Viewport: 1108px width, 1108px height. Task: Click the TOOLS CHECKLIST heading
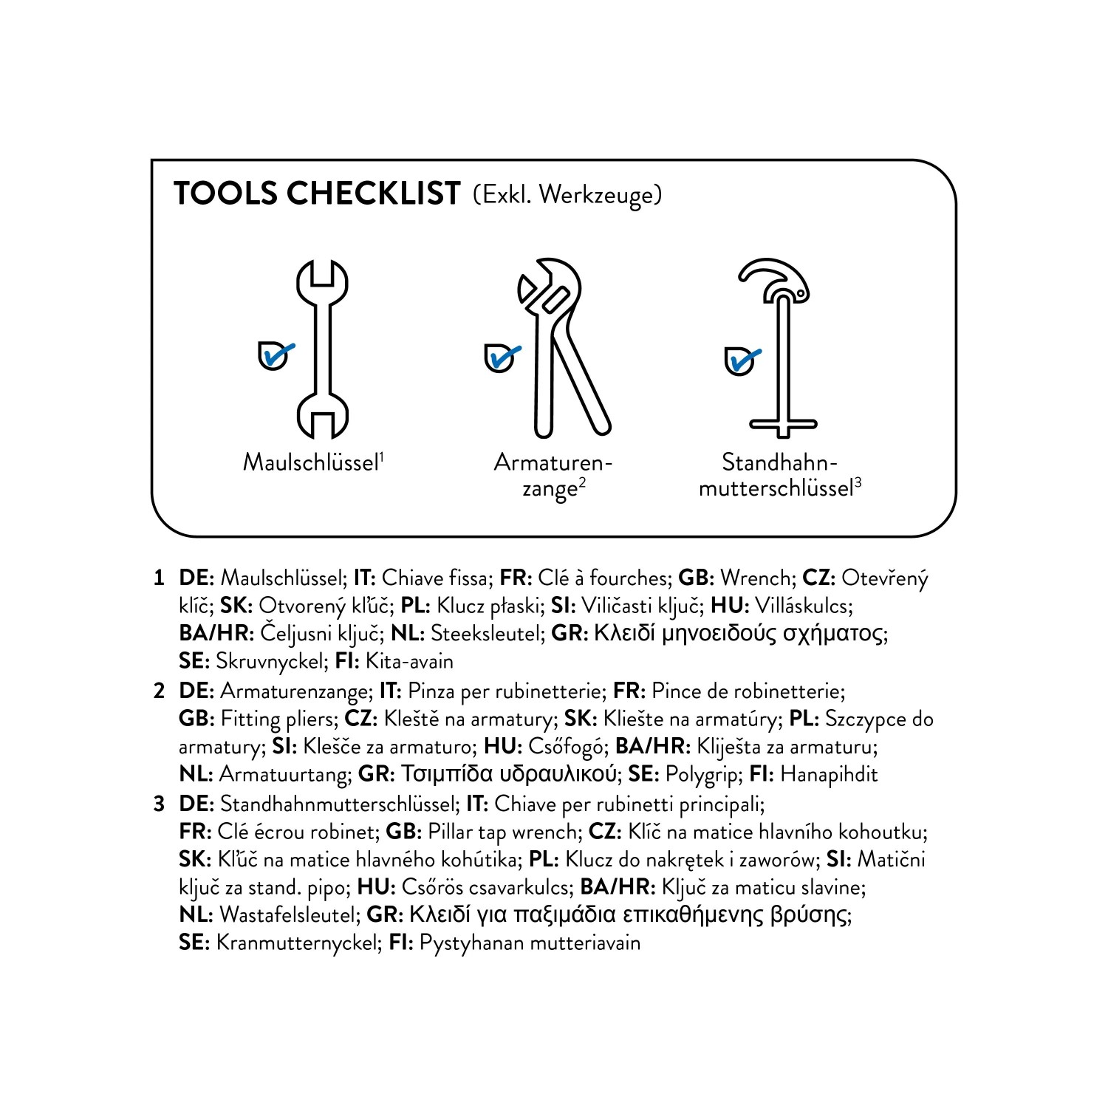(x=317, y=193)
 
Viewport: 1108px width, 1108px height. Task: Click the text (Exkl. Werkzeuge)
(x=568, y=195)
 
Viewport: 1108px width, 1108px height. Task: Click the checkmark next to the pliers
(x=502, y=357)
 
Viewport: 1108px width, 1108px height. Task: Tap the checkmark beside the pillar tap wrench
(x=742, y=360)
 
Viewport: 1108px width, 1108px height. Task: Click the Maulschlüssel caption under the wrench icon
(x=313, y=462)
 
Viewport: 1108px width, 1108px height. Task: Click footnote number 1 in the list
(x=158, y=578)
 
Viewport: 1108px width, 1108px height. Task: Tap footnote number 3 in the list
(x=158, y=803)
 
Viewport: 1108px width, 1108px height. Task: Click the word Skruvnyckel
(x=270, y=661)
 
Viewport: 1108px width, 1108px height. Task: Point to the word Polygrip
(x=703, y=775)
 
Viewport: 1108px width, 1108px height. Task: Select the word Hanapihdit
(x=829, y=774)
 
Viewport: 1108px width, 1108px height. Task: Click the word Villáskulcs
(x=804, y=606)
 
